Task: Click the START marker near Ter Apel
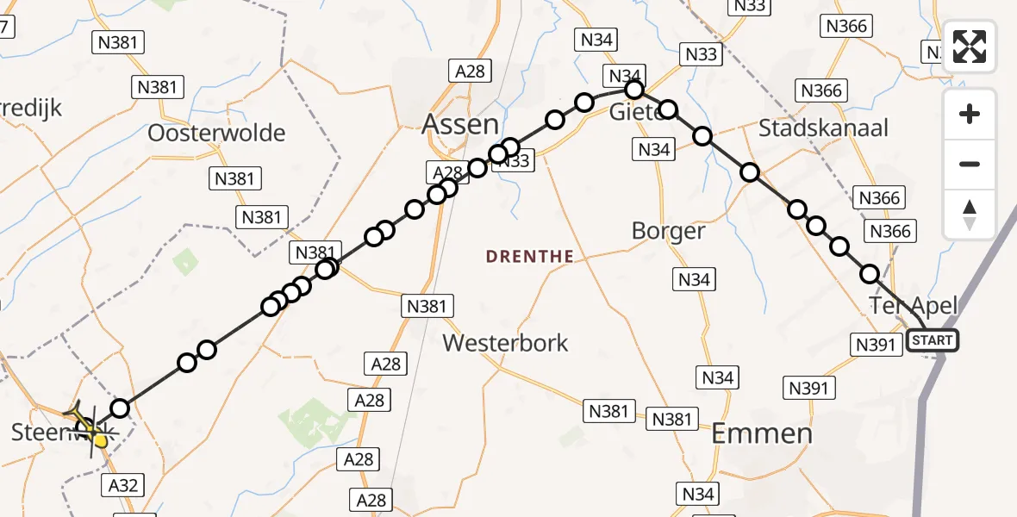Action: pos(933,340)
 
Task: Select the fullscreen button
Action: pos(970,47)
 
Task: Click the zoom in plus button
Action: pos(970,114)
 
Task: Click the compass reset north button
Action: pos(970,215)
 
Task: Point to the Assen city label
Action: pos(460,124)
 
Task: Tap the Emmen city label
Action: pos(763,433)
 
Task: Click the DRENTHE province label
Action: pos(529,256)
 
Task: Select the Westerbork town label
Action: pos(505,343)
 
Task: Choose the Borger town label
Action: pos(668,231)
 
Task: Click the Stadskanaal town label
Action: pos(823,128)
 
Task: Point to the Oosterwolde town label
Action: pos(216,133)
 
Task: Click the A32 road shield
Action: pos(122,485)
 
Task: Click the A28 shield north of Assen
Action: pos(470,72)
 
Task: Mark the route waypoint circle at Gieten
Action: pos(634,90)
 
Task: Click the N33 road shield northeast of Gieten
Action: pos(701,54)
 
